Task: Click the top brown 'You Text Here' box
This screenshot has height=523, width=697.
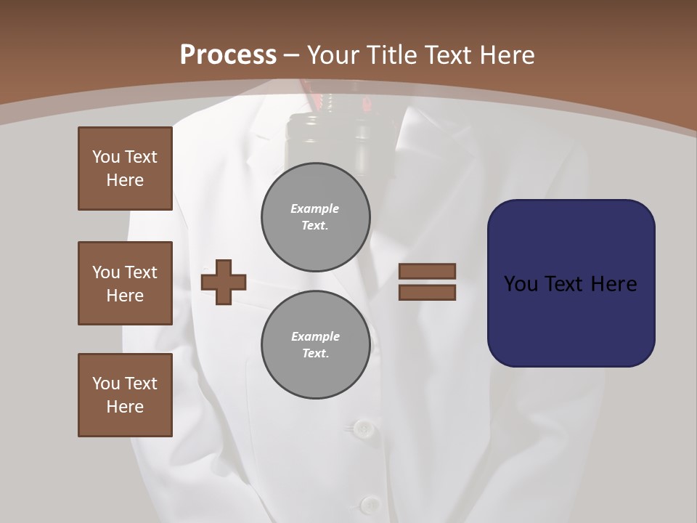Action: [125, 169]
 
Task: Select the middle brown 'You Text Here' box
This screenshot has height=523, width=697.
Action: [125, 283]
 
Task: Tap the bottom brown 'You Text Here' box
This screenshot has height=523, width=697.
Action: [125, 395]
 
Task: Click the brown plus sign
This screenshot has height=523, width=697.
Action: [224, 281]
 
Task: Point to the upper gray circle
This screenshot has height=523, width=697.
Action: [316, 217]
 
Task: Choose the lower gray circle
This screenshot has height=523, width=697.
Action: [316, 345]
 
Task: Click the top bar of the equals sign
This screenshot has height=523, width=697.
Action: [427, 271]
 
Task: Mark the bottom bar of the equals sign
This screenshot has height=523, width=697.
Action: [427, 293]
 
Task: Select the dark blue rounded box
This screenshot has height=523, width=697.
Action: [571, 283]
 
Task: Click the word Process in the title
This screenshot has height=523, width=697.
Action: [228, 55]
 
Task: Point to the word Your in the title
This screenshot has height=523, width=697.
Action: [335, 55]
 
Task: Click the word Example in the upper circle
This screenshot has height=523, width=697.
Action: [315, 208]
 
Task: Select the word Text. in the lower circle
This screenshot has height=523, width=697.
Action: [315, 354]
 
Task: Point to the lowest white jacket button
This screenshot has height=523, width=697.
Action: [370, 504]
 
